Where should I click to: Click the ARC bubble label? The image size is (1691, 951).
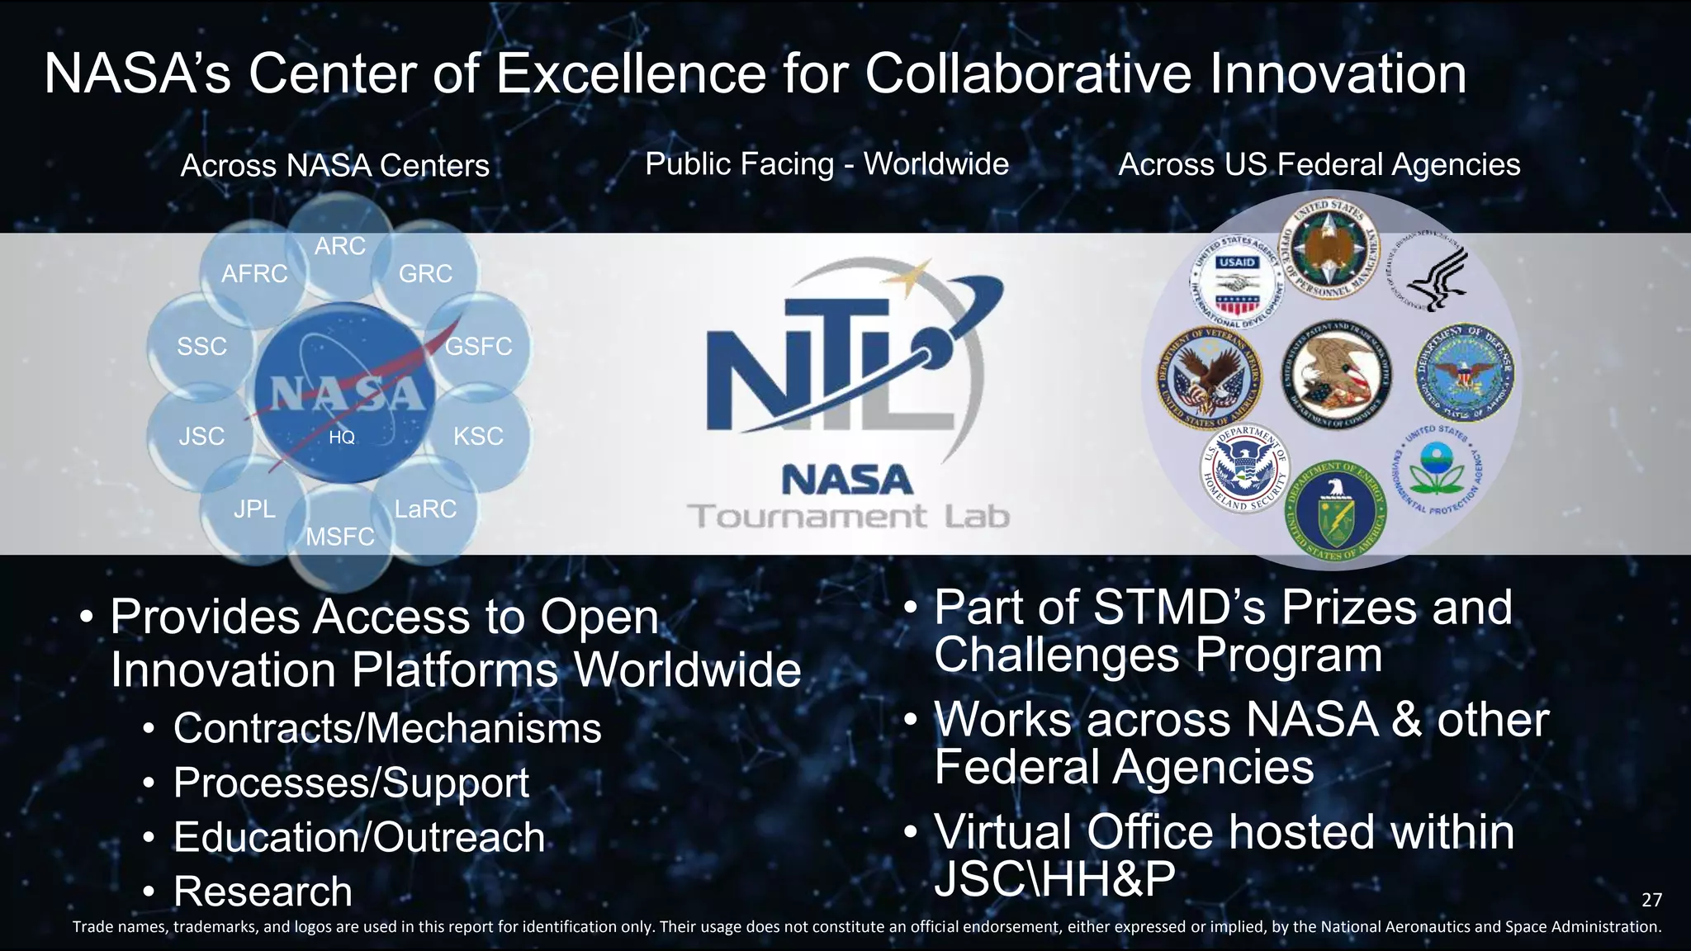[339, 246]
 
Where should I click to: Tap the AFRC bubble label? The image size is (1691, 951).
[254, 274]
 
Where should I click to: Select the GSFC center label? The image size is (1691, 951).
[478, 347]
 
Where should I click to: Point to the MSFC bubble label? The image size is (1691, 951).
[340, 537]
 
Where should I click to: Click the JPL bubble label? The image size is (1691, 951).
[254, 509]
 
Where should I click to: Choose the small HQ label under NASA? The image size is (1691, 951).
[342, 438]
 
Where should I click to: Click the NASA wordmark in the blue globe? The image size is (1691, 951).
[342, 394]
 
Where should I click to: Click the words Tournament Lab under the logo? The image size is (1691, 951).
[849, 517]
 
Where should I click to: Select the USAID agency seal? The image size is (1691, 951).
[1236, 285]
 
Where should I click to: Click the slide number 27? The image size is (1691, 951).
[1651, 900]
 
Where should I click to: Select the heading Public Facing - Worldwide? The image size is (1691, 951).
[827, 164]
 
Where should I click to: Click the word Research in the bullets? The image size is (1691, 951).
[263, 892]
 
